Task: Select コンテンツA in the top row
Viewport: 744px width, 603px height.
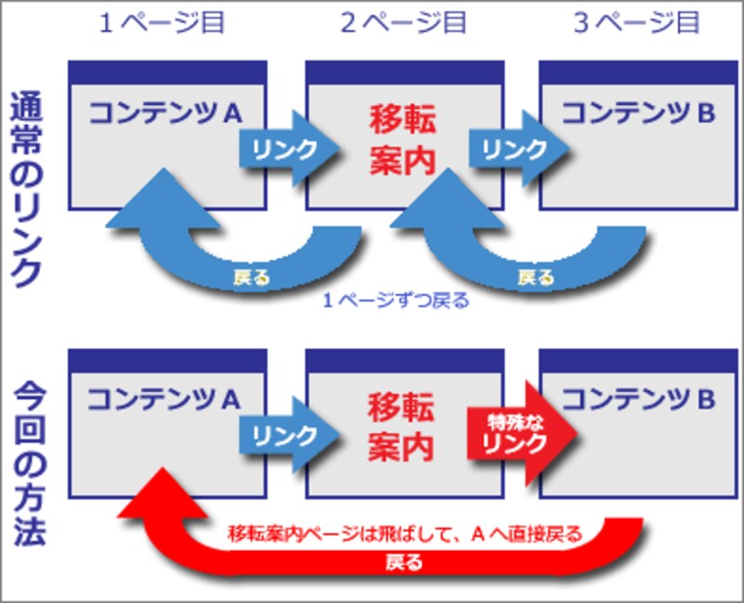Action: pos(166,113)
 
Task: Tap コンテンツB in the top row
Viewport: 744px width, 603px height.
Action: pos(638,113)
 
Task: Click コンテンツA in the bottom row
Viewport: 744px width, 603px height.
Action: pos(166,399)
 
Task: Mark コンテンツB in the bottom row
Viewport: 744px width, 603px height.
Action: pos(638,399)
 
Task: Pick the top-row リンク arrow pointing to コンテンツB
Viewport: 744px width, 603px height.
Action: pos(515,147)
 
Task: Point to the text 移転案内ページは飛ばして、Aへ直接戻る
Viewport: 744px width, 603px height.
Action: pos(405,534)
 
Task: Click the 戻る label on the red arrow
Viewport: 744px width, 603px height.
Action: pos(402,562)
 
